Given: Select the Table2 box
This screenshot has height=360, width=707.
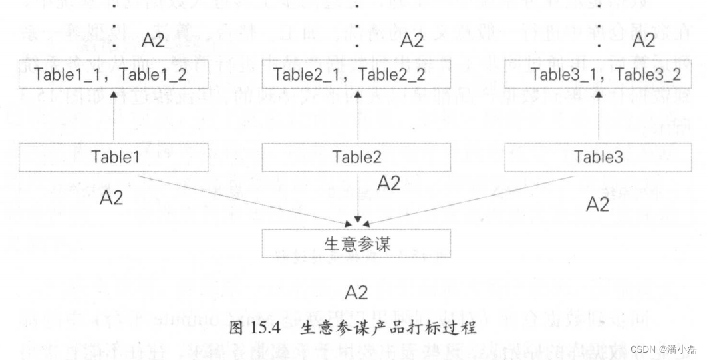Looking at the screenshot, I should [357, 158].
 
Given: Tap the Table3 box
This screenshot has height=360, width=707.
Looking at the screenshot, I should [599, 158].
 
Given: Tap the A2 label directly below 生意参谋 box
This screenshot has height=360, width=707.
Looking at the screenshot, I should [356, 292].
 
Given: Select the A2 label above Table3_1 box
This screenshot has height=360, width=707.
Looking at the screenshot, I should [644, 41].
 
